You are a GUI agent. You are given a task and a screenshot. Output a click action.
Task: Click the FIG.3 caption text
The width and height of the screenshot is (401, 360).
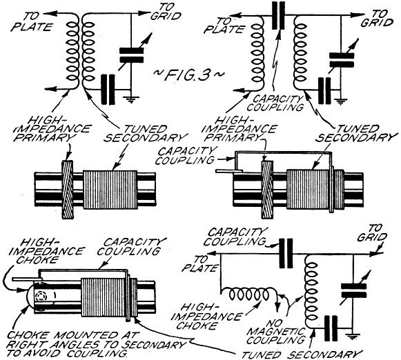(189, 74)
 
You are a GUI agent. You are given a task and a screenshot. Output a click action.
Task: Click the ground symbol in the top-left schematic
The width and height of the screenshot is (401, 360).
(131, 99)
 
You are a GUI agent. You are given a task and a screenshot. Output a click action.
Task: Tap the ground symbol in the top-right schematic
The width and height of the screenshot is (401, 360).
(340, 101)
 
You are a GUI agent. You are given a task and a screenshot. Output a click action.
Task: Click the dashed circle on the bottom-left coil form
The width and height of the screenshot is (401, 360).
(41, 297)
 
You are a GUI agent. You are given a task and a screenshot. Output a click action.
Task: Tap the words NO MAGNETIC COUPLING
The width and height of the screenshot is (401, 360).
(275, 332)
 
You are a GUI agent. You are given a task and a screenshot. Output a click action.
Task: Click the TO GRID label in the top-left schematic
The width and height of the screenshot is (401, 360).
(166, 12)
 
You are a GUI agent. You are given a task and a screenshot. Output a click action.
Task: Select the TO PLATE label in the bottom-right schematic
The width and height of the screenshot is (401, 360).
(201, 263)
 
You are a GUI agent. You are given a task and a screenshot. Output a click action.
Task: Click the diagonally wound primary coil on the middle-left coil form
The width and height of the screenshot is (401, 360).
(68, 190)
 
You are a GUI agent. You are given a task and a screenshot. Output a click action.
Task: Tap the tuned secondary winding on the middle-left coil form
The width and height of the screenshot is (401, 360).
(110, 190)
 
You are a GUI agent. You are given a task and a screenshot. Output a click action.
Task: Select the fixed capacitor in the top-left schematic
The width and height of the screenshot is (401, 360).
(108, 90)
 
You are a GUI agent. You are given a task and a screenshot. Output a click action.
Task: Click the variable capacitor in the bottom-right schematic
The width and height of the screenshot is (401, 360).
(355, 291)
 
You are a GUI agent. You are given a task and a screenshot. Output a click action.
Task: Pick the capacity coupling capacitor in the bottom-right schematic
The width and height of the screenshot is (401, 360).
(286, 253)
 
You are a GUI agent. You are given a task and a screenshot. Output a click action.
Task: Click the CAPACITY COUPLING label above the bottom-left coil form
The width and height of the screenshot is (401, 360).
(132, 247)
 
